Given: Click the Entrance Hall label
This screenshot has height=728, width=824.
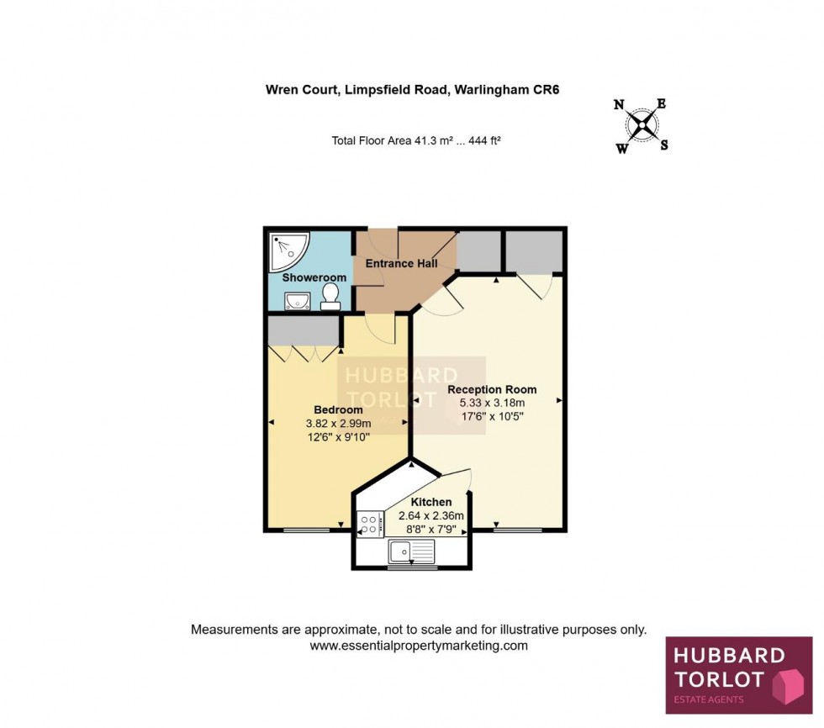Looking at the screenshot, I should [401, 263].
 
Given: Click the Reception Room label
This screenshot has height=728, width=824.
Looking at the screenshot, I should [492, 389].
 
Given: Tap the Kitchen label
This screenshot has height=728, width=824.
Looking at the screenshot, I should [431, 502].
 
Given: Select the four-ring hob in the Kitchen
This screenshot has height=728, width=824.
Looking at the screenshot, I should [369, 524].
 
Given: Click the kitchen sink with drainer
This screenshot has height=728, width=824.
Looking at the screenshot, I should [411, 551].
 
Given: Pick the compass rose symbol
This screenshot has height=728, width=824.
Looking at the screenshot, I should [643, 126].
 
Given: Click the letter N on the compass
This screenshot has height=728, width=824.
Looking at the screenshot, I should [619, 105].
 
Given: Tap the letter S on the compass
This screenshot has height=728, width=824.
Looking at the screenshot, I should [663, 145].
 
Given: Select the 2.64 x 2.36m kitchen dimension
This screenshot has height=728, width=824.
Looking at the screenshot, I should [431, 515].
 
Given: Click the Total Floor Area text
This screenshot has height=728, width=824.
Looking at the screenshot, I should [416, 141].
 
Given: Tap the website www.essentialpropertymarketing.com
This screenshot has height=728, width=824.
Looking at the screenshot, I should [419, 646].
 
